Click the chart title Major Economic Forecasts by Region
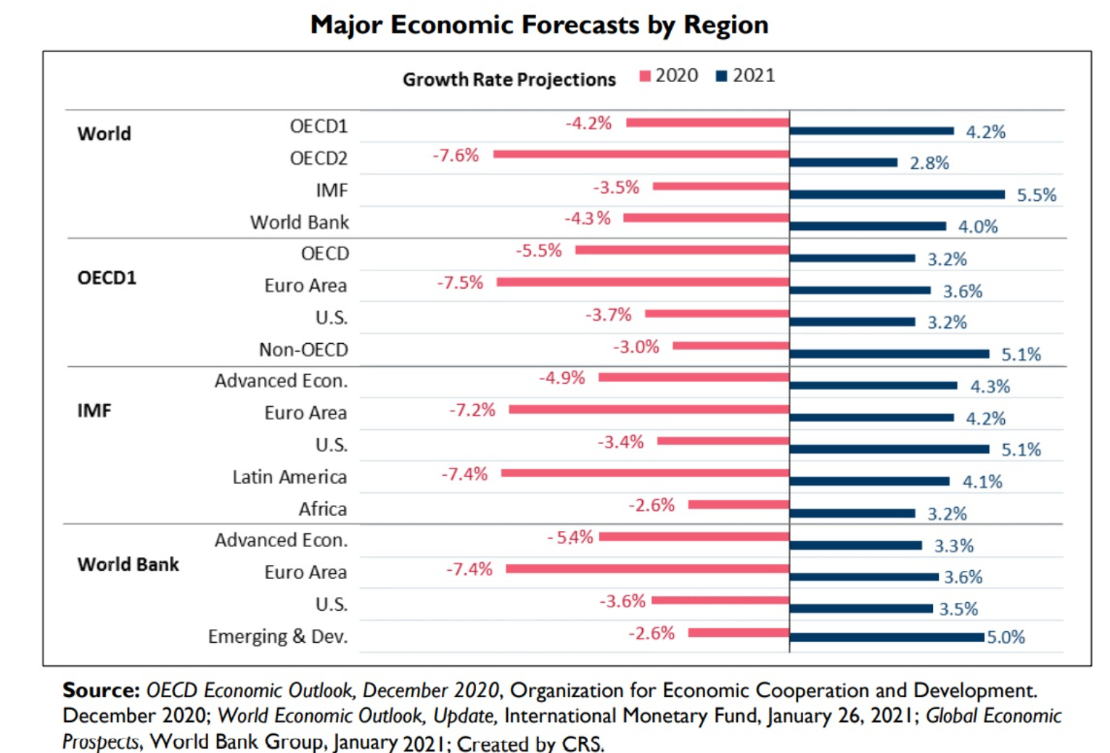(x=539, y=25)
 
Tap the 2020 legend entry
(x=668, y=75)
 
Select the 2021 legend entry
(x=745, y=75)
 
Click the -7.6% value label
(x=456, y=155)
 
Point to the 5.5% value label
(x=1036, y=195)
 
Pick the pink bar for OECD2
(x=641, y=154)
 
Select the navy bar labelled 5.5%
(x=897, y=194)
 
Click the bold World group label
(x=104, y=133)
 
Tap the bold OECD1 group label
(x=107, y=278)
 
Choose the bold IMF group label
(x=94, y=411)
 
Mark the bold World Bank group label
(x=128, y=564)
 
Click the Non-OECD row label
(x=303, y=350)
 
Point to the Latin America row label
(x=289, y=477)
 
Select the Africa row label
(x=323, y=509)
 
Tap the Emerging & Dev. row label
(x=278, y=636)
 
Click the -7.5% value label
(x=460, y=282)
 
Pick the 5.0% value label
(x=1006, y=638)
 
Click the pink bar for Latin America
(x=645, y=473)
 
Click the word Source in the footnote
(x=101, y=690)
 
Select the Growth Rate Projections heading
(x=509, y=79)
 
